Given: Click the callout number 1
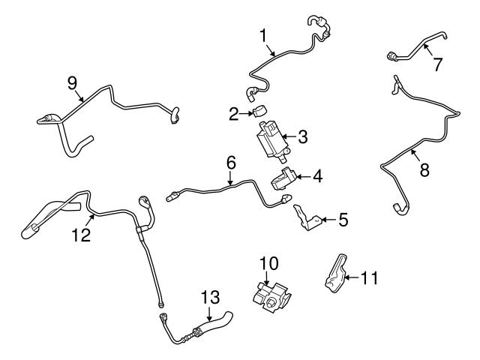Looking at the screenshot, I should [x=263, y=35].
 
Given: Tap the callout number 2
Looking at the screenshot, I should [x=233, y=114].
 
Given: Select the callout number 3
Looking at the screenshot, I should [x=303, y=137].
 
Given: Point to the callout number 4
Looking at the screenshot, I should [x=318, y=178].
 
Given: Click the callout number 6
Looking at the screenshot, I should [x=231, y=163].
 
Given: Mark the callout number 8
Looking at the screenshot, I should [x=424, y=170].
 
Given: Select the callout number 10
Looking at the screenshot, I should [x=268, y=263].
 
